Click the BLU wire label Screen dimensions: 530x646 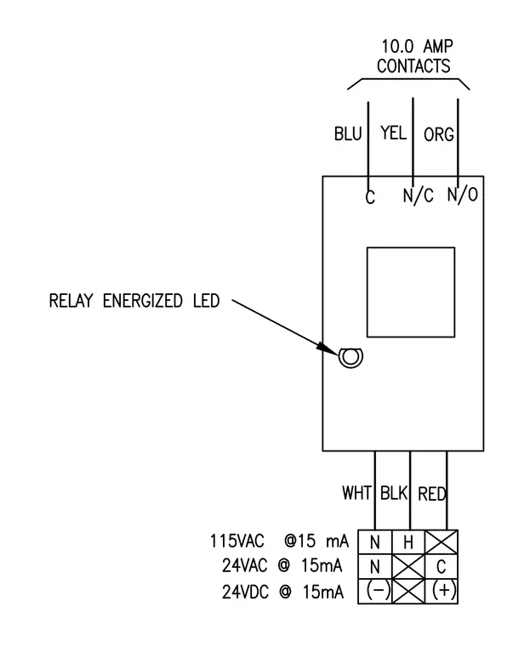tap(348, 134)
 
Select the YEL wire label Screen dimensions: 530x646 tap(393, 133)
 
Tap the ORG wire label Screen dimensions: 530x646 tap(439, 134)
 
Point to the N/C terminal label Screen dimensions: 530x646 tap(419, 195)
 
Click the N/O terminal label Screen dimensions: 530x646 tap(463, 194)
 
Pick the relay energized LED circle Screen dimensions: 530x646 tap(351, 357)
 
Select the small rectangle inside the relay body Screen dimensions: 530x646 tap(411, 292)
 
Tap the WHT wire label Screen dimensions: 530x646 tap(356, 493)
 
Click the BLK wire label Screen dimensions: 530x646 tap(394, 493)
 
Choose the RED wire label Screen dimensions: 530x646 tap(432, 494)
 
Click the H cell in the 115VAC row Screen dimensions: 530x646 tap(407, 542)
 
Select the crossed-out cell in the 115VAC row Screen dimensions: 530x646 tap(442, 542)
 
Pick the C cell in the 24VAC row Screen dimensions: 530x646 tap(442, 566)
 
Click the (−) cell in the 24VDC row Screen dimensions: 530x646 tap(374, 592)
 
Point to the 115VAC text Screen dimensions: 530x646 tap(237, 541)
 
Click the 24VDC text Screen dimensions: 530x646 tap(245, 592)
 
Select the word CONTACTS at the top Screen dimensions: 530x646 tap(413, 66)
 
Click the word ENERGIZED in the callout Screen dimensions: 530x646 tap(142, 301)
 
